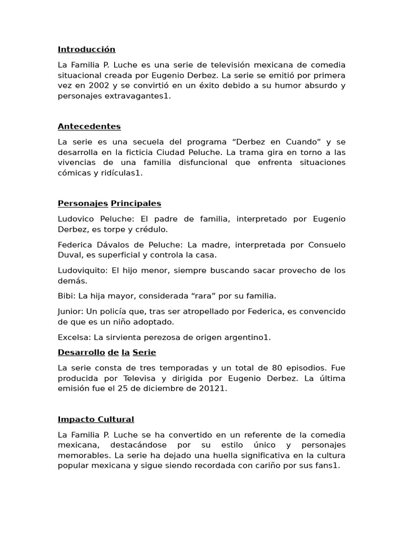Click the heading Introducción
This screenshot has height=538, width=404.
[x=86, y=49]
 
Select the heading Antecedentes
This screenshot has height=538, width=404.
[x=89, y=126]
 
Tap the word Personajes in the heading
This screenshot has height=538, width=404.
[x=83, y=203]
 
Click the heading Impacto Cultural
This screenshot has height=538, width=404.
[x=96, y=419]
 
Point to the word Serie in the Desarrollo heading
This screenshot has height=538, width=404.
[x=144, y=353]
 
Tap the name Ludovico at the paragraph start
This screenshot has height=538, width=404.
[x=75, y=219]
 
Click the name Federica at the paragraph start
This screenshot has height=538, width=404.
[x=75, y=245]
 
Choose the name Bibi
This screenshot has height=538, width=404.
[x=65, y=296]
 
